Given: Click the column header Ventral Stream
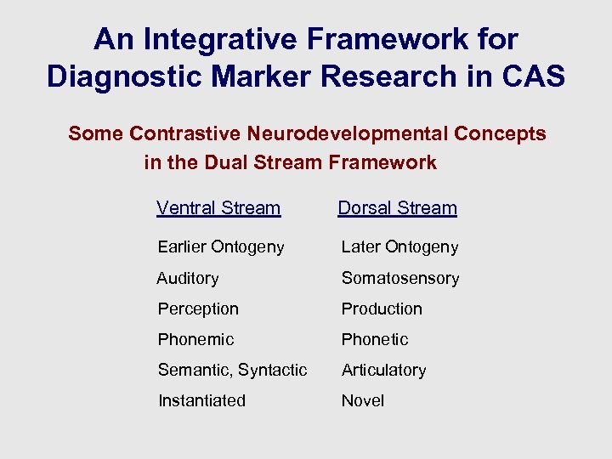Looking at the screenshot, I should [218, 208].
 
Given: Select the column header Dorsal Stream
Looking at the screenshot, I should [397, 208].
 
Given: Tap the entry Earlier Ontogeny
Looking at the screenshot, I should [221, 247].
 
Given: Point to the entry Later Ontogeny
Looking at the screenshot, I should [399, 247].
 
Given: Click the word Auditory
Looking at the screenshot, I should [188, 279].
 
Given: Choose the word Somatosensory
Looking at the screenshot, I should [399, 279].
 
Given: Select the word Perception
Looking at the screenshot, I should [198, 309].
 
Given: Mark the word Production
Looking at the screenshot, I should [382, 309].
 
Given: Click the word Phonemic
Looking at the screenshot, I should [195, 340].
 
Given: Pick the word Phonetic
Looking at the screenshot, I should [375, 340].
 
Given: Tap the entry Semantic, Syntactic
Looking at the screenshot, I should [232, 371].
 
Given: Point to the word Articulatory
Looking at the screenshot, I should [383, 371].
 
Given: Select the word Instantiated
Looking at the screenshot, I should [201, 401].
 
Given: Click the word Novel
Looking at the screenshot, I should [363, 401].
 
